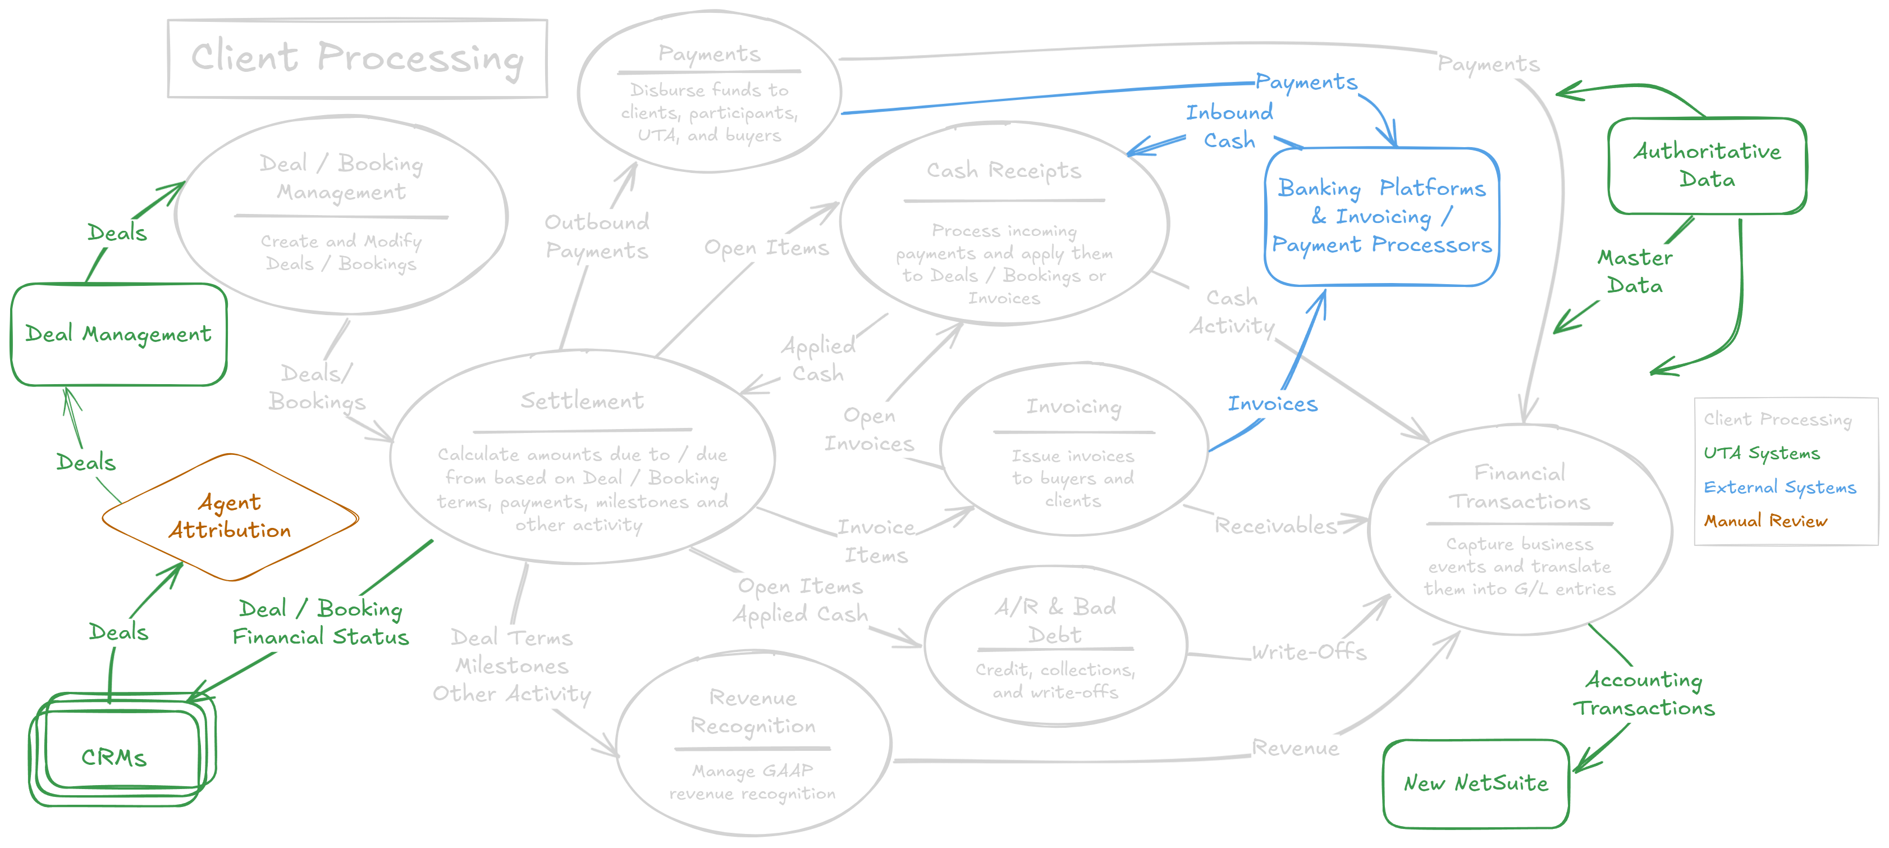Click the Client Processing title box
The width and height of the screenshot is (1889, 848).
(x=357, y=58)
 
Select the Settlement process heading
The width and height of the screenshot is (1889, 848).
(x=582, y=400)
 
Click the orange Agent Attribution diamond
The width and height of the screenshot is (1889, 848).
(x=230, y=517)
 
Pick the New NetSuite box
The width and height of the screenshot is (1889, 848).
(x=1475, y=783)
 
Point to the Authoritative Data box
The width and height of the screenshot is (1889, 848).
(x=1707, y=165)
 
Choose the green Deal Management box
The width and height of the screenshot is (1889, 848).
(x=118, y=334)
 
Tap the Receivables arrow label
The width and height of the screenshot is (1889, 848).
(x=1275, y=525)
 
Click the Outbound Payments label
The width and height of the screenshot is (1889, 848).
(x=596, y=236)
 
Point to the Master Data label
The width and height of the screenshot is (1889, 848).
(x=1635, y=271)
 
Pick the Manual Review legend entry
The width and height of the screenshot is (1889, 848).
(x=1764, y=521)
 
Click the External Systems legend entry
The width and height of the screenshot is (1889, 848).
(x=1779, y=487)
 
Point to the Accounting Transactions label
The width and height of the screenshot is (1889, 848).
(x=1644, y=694)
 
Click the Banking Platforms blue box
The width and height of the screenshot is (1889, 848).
(x=1382, y=216)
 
